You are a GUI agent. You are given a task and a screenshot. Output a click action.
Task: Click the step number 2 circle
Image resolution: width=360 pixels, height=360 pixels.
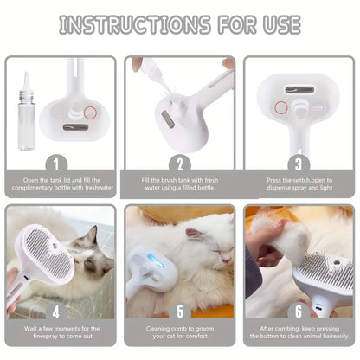pyautogui.click(x=180, y=162)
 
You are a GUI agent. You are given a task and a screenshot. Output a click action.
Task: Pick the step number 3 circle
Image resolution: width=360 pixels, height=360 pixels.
pyautogui.click(x=299, y=162)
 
